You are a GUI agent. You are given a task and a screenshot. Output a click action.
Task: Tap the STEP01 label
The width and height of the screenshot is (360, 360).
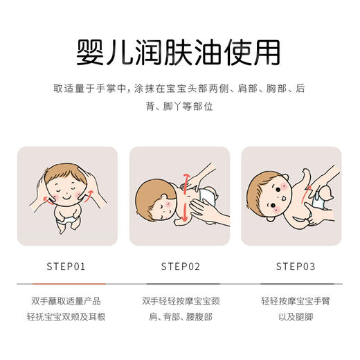[x=67, y=266]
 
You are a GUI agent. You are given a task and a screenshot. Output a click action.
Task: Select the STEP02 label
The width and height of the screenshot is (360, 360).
[x=180, y=266]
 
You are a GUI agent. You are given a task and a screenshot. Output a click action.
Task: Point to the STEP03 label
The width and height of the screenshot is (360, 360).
[x=292, y=266]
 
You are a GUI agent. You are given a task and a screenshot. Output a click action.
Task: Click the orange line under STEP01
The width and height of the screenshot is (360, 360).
[x=67, y=284]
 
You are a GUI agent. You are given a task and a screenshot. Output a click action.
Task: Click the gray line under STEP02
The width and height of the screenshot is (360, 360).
[x=180, y=284]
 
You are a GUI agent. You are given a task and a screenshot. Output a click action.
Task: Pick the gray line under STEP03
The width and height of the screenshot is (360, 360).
[x=292, y=284]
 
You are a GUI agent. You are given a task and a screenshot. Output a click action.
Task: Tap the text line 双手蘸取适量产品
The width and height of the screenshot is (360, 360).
[x=67, y=301]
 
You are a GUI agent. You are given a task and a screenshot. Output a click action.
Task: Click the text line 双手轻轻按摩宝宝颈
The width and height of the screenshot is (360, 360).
[x=180, y=301]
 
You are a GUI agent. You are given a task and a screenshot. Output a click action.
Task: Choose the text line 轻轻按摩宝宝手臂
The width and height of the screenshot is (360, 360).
[x=292, y=301]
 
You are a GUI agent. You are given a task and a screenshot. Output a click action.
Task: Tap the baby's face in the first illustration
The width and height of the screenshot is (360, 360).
[x=67, y=189]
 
